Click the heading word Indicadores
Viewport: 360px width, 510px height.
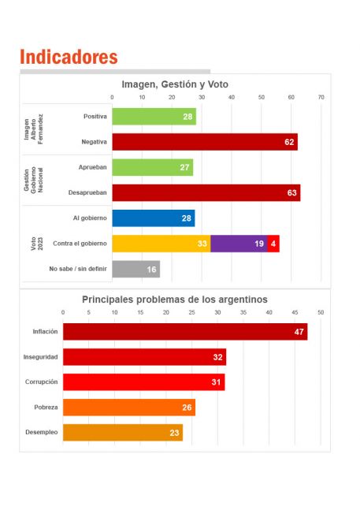coord(69,57)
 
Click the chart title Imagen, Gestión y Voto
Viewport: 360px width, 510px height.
coord(175,84)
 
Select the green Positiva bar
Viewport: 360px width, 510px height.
coord(154,117)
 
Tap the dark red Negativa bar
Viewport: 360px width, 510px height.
coord(205,142)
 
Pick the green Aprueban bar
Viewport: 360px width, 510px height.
coord(153,167)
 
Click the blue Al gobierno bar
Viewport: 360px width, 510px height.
coord(154,218)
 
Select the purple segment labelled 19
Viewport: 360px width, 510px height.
coord(239,244)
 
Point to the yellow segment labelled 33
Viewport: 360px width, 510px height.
coord(161,244)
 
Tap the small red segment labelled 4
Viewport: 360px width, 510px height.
coord(273,244)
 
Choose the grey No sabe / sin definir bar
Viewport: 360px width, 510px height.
coord(136,269)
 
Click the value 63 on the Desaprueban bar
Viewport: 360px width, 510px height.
coord(291,193)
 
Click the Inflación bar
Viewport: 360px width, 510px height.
coord(185,332)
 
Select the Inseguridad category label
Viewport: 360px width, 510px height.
coord(41,357)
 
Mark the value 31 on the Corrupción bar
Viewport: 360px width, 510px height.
coord(217,382)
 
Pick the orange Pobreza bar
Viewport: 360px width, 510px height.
coord(129,408)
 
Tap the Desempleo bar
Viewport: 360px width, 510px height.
coord(123,433)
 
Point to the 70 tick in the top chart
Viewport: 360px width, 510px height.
coord(321,97)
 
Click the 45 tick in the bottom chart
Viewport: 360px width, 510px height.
coord(295,312)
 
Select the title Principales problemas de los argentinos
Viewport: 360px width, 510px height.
coord(175,300)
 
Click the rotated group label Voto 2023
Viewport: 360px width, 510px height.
coord(37,244)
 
